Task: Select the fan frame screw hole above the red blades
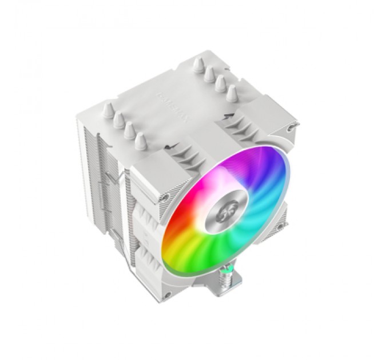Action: pos(165,198)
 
